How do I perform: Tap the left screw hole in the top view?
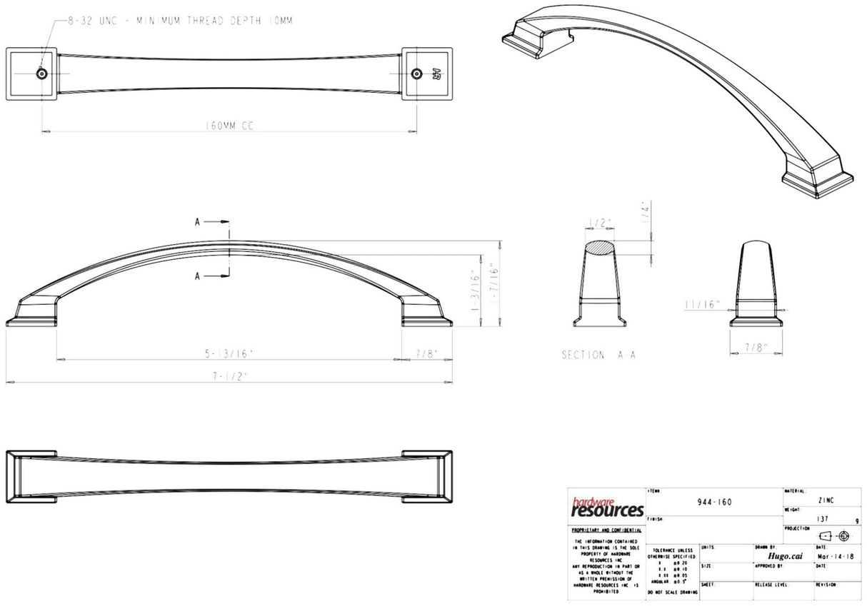pyautogui.click(x=42, y=74)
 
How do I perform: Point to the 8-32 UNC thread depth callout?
pyautogui.click(x=179, y=21)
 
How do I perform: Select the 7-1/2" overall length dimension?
pyautogui.click(x=231, y=376)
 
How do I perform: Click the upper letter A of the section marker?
pyautogui.click(x=198, y=222)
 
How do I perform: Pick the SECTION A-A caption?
pyautogui.click(x=598, y=355)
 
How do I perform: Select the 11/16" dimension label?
pyautogui.click(x=701, y=304)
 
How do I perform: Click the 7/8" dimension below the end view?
pyautogui.click(x=756, y=348)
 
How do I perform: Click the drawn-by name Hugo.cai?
pyautogui.click(x=783, y=557)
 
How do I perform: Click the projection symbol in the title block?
pyautogui.click(x=833, y=536)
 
